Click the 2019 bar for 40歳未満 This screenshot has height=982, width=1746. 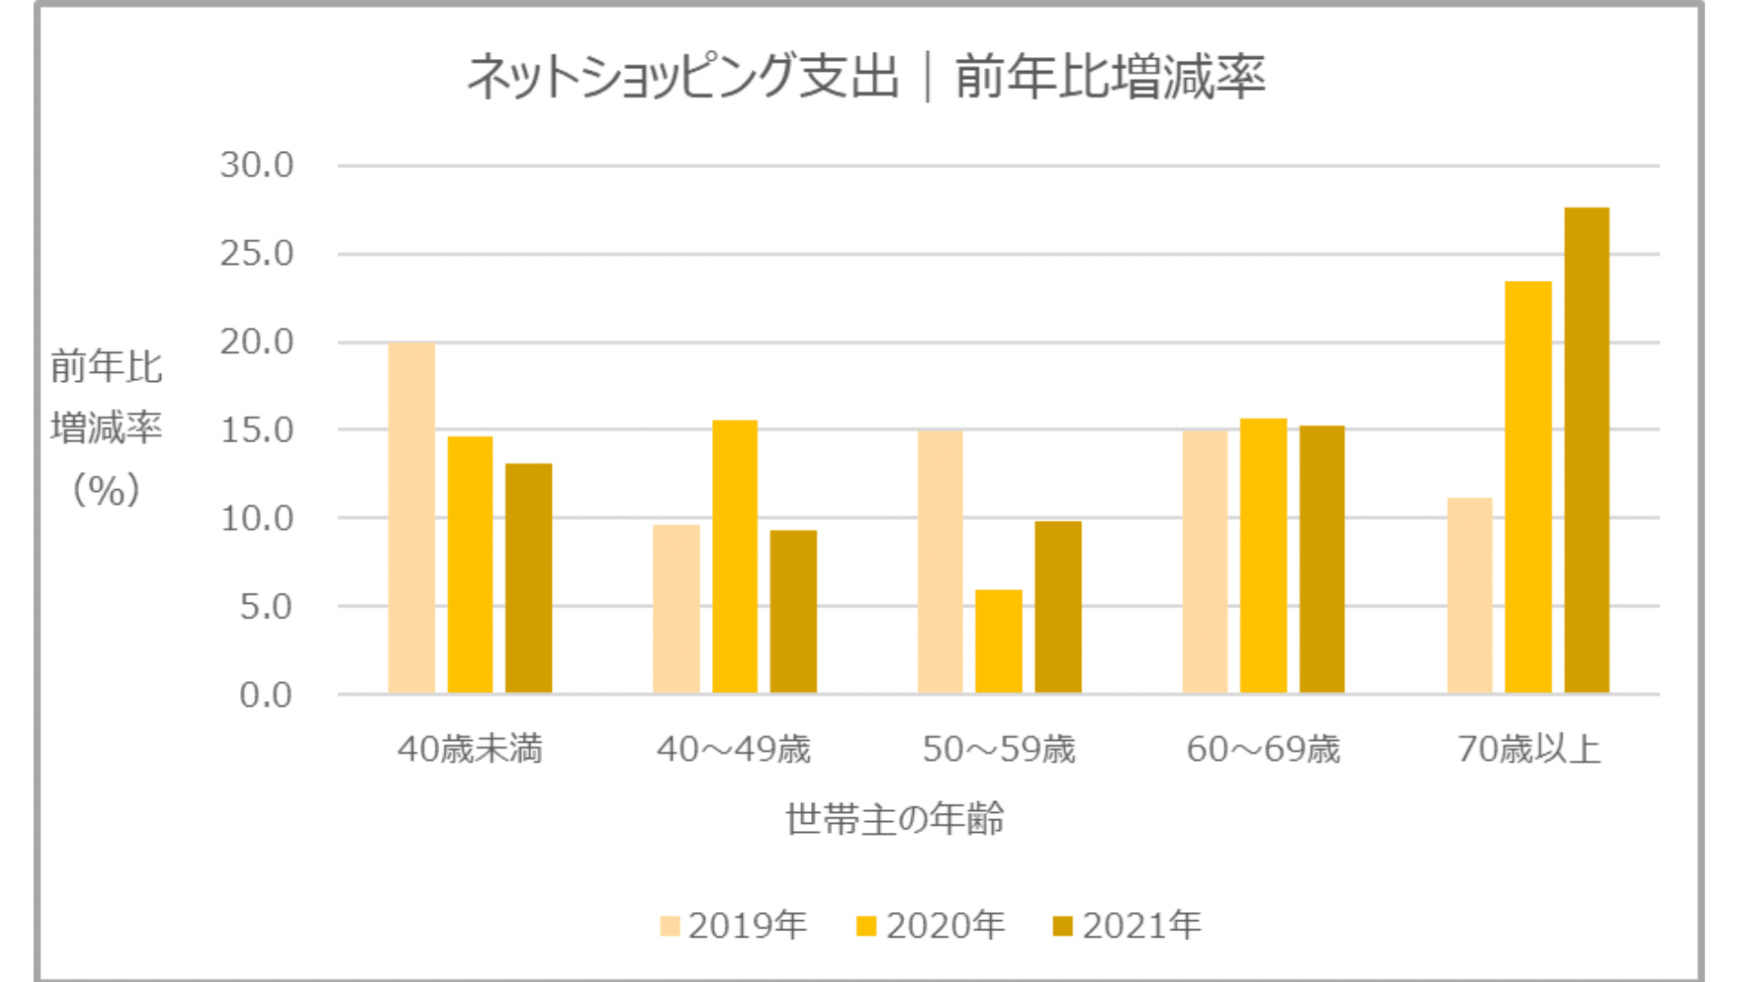411,518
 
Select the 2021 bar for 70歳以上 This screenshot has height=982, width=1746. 1586,451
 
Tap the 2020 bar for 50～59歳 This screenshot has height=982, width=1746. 998,642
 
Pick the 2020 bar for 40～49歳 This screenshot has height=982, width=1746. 734,556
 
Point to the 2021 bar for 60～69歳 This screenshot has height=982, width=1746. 1321,559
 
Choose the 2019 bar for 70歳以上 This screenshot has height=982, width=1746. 1470,596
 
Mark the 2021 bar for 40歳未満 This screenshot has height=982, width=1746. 528,578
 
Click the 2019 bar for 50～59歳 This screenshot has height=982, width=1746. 940,562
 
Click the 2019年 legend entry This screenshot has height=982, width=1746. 733,926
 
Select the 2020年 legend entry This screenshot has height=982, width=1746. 930,926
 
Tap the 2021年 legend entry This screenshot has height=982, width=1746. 1127,926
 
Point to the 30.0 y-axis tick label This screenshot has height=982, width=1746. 256,165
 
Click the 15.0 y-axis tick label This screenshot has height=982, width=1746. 256,430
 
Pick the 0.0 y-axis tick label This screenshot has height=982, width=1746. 266,696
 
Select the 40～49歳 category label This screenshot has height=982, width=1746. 733,749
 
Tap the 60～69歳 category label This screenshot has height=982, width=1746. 1263,749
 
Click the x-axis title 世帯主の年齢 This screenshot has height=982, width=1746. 895,819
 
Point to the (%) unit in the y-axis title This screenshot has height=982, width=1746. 106,490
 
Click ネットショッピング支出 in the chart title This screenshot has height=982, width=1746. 682,76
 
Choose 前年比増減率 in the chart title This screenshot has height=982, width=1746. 1109,76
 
